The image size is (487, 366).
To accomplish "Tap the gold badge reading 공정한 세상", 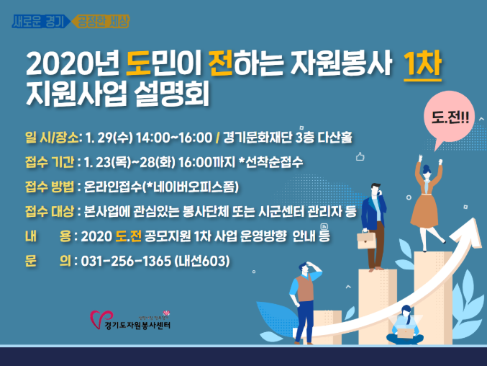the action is [x=101, y=21].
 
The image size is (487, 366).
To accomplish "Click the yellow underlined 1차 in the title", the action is [x=422, y=65].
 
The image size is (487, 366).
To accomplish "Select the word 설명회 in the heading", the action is [x=171, y=93].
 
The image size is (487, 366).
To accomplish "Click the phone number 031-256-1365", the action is [x=126, y=261].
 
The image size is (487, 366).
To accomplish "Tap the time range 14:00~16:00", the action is [x=174, y=138].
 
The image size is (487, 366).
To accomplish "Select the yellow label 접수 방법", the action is [x=50, y=187].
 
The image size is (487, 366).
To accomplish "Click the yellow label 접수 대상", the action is [x=50, y=211].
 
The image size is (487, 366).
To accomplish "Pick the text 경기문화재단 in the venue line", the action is [x=258, y=138].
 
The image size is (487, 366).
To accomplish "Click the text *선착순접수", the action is [x=270, y=162].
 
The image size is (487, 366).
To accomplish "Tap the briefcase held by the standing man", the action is [x=366, y=240].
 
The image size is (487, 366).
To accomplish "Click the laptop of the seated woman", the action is [x=406, y=334].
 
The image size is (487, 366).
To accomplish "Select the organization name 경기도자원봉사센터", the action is [x=137, y=326].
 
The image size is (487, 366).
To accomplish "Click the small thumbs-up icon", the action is [x=360, y=156].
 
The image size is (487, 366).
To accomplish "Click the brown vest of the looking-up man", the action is [x=305, y=288].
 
